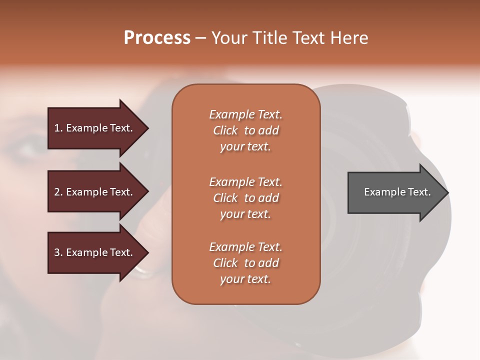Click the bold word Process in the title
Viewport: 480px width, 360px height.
coord(157,38)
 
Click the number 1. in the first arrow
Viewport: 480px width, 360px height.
coord(58,128)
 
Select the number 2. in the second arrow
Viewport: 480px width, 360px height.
coord(58,192)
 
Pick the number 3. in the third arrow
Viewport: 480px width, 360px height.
coord(58,252)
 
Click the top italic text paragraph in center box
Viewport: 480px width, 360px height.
coord(245,130)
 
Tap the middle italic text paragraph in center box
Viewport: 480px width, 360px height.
coord(245,198)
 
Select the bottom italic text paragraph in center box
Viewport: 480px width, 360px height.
coord(245,263)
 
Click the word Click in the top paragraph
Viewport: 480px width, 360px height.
coord(225,130)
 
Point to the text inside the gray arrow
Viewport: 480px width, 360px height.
coord(397,192)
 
